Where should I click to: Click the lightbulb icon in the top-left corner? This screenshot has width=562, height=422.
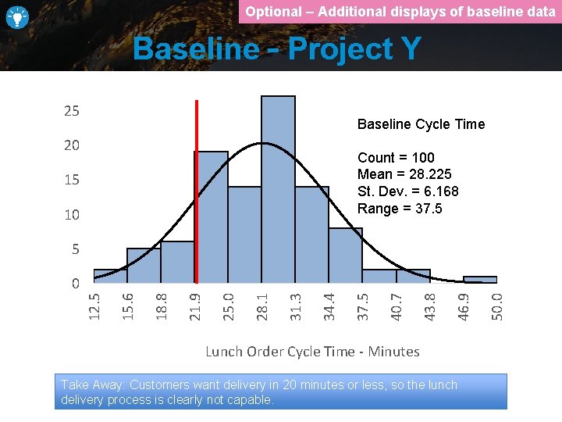click(x=17, y=17)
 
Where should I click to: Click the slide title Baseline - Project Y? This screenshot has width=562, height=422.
click(x=276, y=49)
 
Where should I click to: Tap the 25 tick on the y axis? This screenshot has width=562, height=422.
click(x=71, y=111)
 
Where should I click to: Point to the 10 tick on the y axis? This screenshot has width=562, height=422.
click(x=71, y=215)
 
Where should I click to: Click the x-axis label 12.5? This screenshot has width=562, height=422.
click(x=93, y=306)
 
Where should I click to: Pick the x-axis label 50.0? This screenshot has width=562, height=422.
click(x=497, y=306)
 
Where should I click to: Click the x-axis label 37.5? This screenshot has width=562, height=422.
click(x=363, y=306)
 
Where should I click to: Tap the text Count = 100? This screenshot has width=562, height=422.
click(x=396, y=158)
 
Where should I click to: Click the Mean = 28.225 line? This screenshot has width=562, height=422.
click(x=404, y=174)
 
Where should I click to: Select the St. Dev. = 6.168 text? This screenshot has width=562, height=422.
click(x=407, y=191)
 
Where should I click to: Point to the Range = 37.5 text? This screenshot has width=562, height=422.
click(x=399, y=209)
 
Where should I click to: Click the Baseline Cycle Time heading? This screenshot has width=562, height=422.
click(x=421, y=124)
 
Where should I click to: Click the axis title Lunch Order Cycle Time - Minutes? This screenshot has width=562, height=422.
click(x=312, y=352)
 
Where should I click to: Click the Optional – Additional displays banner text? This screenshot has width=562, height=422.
click(x=400, y=12)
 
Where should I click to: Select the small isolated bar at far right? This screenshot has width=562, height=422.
click(x=480, y=279)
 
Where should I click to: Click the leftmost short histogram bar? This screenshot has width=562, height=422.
click(x=110, y=276)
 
